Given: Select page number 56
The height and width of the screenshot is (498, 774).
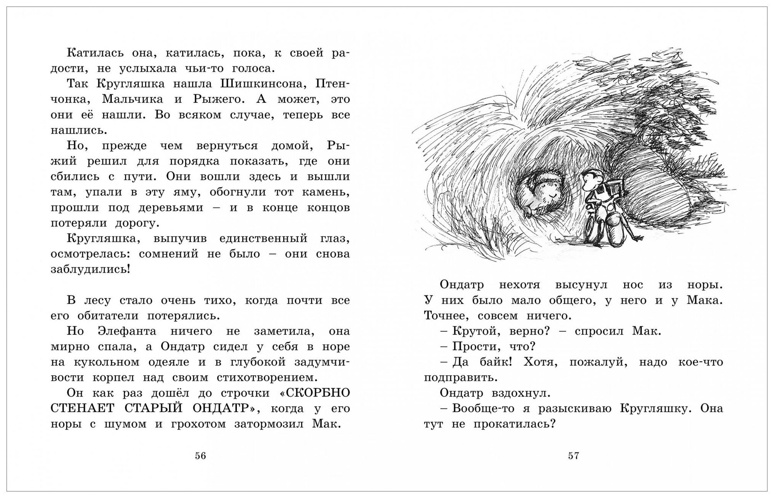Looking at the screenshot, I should [200, 456].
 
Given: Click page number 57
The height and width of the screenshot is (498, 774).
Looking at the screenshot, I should [574, 456].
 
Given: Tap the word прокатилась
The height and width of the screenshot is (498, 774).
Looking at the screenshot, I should [507, 424].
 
